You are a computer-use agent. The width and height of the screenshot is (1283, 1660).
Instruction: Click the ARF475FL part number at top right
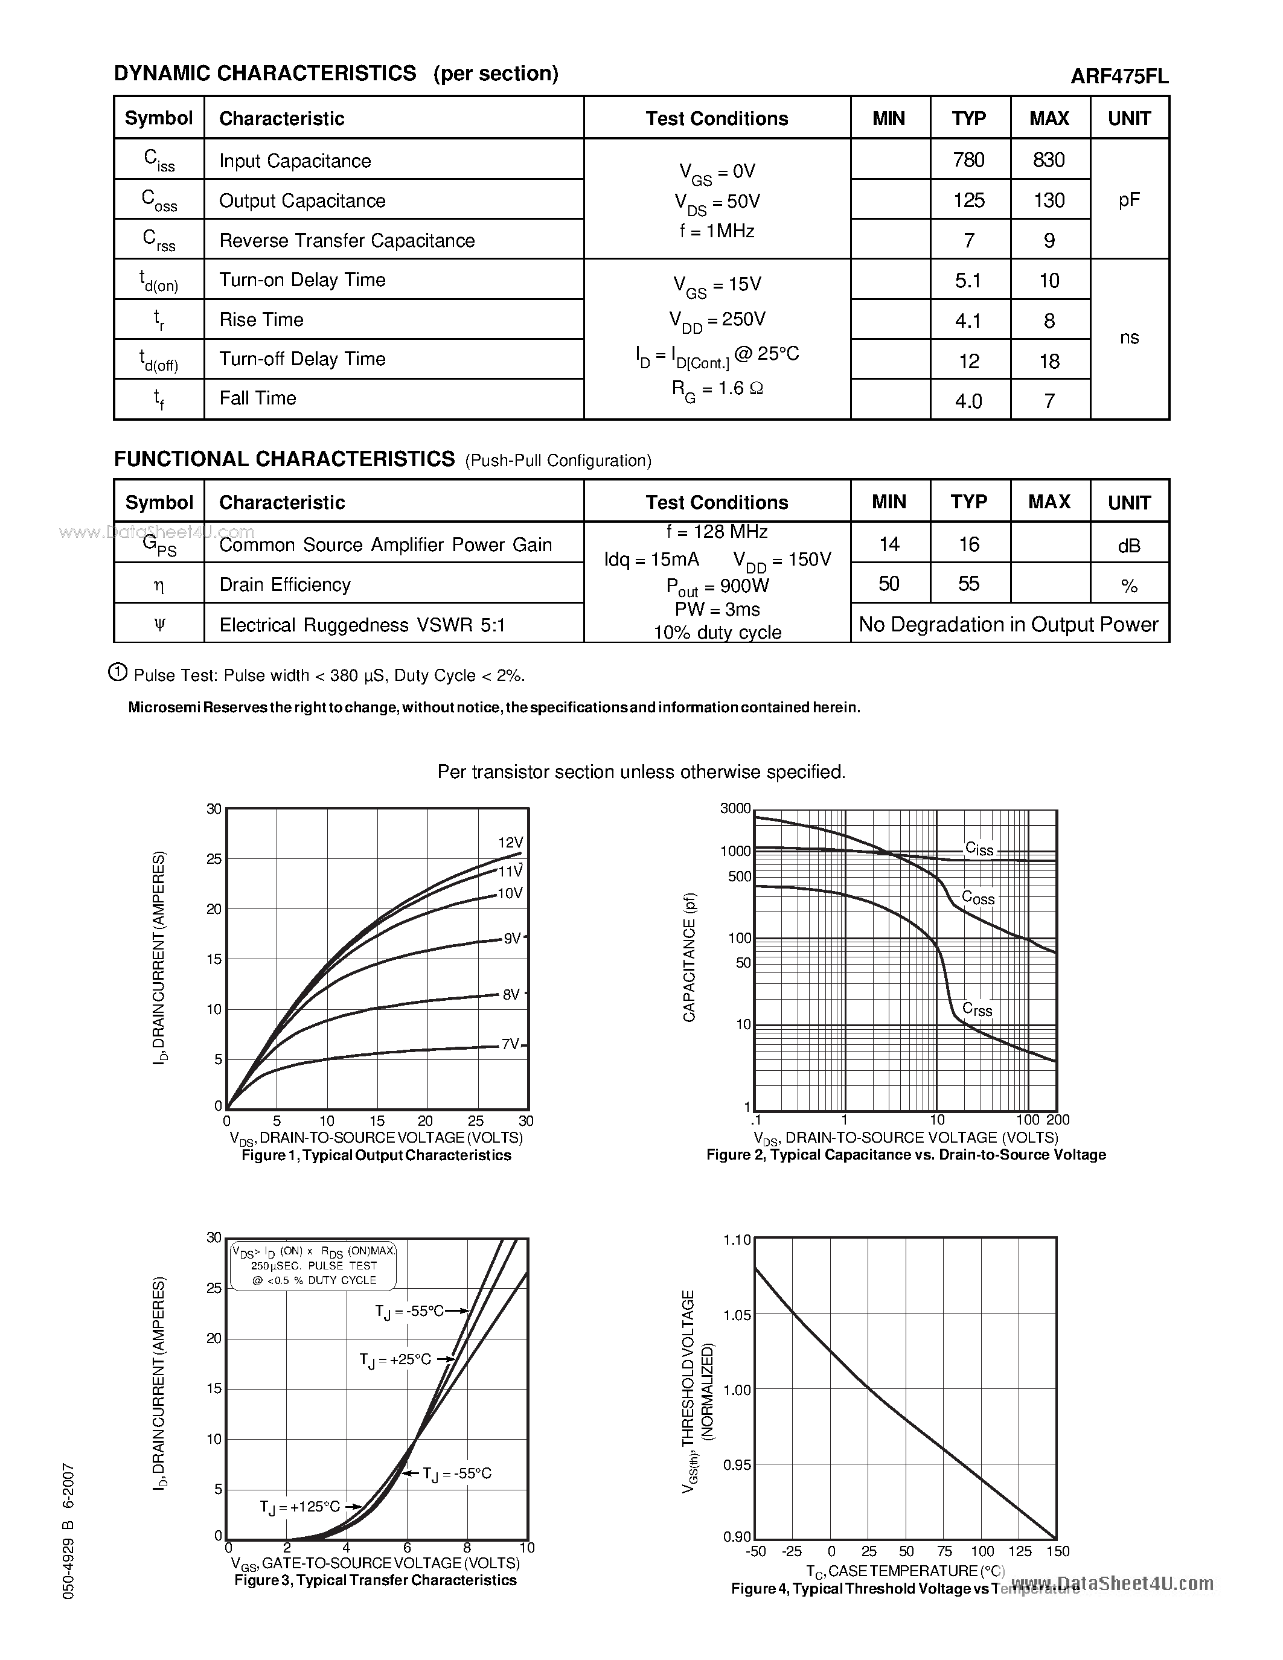point(1119,76)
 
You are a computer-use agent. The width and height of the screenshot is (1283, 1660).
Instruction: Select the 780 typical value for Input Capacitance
point(968,159)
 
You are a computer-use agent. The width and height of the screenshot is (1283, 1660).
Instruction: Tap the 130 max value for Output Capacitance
point(1049,200)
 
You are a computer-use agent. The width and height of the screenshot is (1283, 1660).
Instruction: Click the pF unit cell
point(1128,200)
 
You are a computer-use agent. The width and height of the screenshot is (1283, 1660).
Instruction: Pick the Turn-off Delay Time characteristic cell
point(302,359)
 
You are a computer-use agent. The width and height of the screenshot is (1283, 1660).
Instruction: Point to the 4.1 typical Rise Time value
point(968,321)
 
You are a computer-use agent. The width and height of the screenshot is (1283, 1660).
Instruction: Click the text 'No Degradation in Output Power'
point(1009,624)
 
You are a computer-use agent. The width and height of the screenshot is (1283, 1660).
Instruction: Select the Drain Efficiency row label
point(285,584)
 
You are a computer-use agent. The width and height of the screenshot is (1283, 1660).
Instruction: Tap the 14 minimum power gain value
point(889,544)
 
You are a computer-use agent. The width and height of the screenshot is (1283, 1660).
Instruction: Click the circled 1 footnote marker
point(118,672)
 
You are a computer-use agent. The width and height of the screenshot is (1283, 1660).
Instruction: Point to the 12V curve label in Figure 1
point(511,842)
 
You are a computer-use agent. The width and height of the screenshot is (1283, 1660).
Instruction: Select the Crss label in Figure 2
point(977,1009)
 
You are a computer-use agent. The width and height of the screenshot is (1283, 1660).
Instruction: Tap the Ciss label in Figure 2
point(979,849)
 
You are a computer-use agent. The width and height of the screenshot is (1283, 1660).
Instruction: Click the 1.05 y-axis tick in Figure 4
point(737,1315)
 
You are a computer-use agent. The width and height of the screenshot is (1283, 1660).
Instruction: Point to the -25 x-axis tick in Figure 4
point(792,1551)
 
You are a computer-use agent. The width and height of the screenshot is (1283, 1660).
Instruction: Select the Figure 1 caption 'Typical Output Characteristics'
point(376,1155)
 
